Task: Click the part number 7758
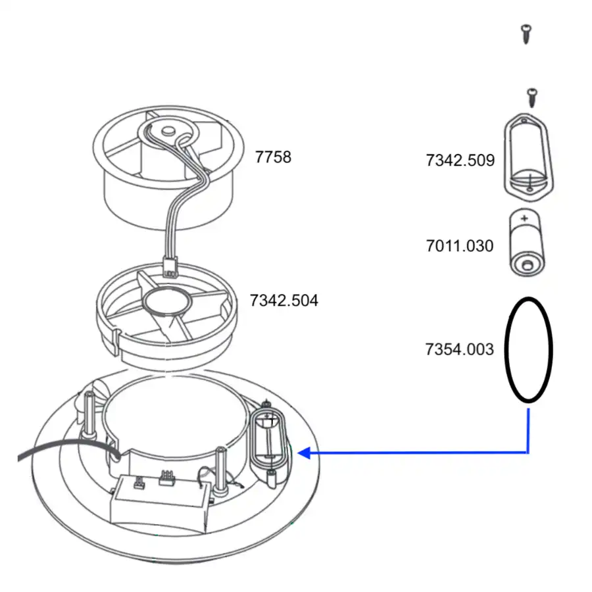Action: [273, 157]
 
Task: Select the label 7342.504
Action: [284, 301]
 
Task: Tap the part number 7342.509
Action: [460, 160]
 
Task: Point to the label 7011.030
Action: [459, 246]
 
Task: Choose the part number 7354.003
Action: [459, 349]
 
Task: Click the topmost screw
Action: [526, 34]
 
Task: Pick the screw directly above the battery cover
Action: [531, 97]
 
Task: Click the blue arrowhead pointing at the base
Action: [304, 453]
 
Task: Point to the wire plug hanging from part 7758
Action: [169, 266]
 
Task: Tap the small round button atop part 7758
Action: [167, 128]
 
